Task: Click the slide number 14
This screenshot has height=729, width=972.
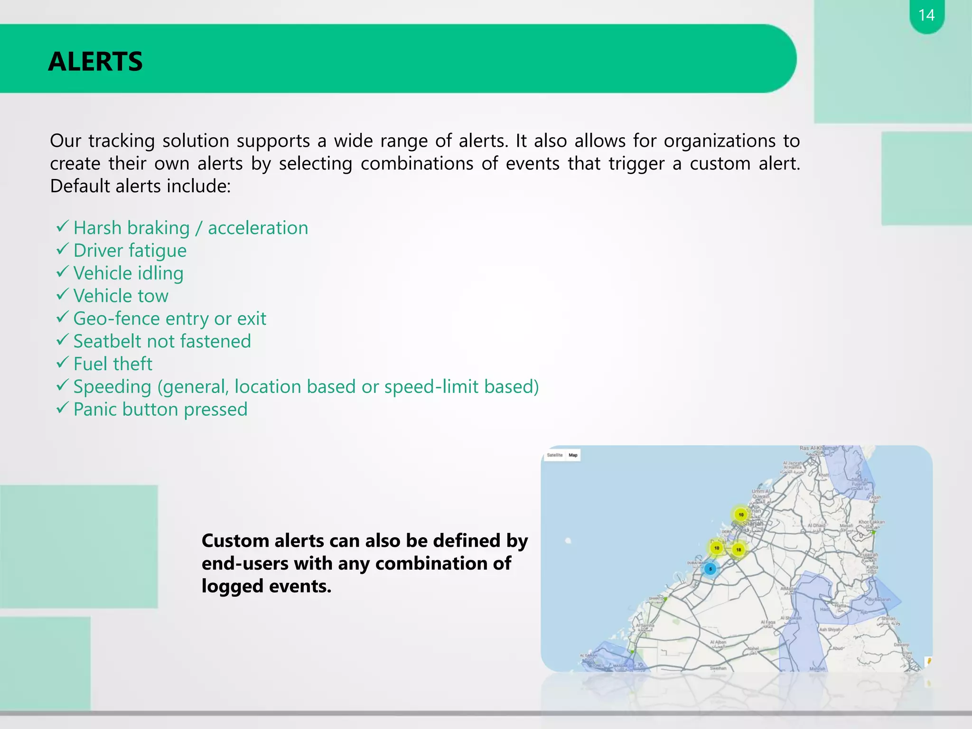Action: pyautogui.click(x=926, y=15)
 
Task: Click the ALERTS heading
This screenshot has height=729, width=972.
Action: pyautogui.click(x=95, y=62)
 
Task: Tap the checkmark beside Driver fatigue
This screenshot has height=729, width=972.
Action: pyautogui.click(x=63, y=249)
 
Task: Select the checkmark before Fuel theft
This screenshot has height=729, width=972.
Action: pyautogui.click(x=63, y=363)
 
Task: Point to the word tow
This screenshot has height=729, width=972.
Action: pyautogui.click(x=153, y=296)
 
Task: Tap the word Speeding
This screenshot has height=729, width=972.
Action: pyautogui.click(x=112, y=387)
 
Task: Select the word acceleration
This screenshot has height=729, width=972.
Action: pyautogui.click(x=258, y=228)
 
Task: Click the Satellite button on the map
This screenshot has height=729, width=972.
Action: pyautogui.click(x=554, y=455)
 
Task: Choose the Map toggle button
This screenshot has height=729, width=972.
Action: pyautogui.click(x=573, y=455)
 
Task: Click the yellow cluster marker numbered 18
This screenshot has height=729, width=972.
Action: pyautogui.click(x=738, y=550)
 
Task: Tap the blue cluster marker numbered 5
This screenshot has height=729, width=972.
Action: pyautogui.click(x=710, y=569)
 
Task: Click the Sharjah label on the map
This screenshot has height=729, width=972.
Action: pyautogui.click(x=753, y=523)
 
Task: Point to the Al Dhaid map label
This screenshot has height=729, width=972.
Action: pyautogui.click(x=816, y=525)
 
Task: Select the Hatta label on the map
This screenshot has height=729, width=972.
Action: pyautogui.click(x=841, y=606)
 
